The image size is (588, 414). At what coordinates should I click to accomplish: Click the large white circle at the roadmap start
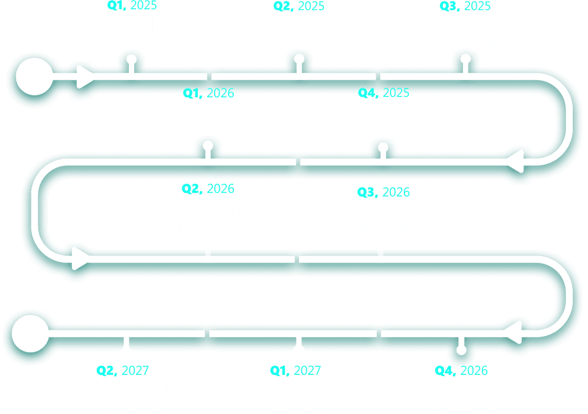34,77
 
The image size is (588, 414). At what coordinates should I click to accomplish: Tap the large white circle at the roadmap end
30,333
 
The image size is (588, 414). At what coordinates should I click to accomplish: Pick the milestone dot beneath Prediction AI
208,146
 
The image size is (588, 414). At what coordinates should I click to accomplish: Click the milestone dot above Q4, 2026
461,349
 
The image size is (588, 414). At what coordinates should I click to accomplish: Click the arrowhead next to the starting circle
85,77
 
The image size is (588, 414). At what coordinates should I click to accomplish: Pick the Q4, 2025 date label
384,93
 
